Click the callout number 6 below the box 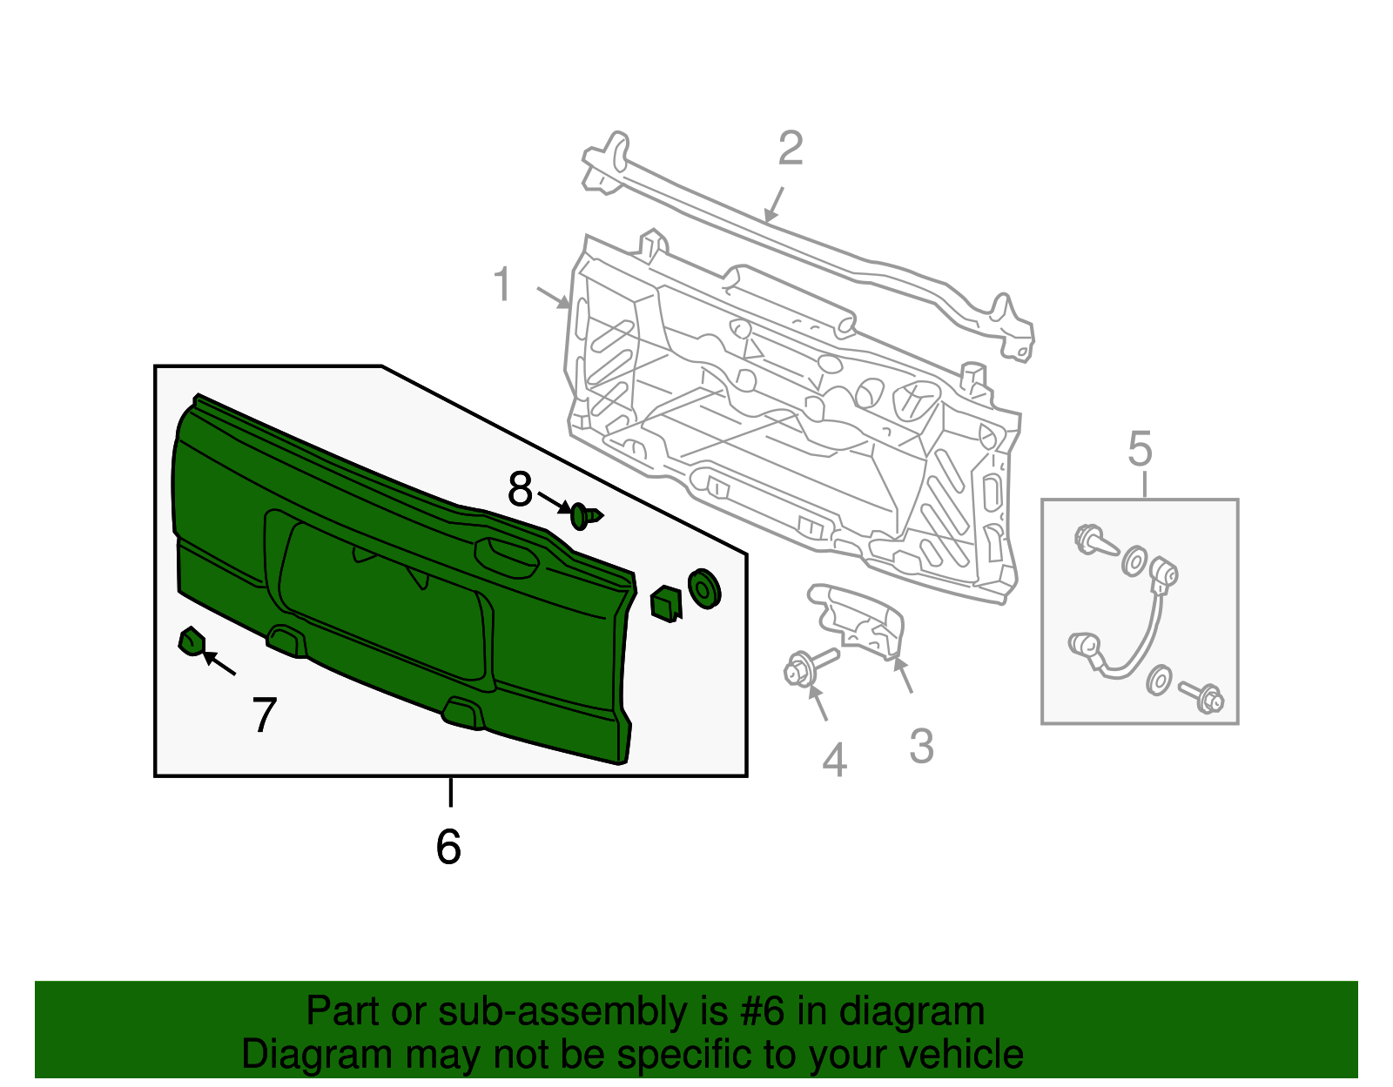(x=448, y=846)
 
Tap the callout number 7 (x=264, y=715)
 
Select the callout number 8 (x=520, y=490)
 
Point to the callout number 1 (x=502, y=285)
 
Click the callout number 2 (x=790, y=148)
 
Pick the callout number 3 (x=921, y=746)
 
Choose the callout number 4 (x=834, y=760)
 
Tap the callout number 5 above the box (x=1140, y=450)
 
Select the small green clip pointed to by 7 (x=191, y=642)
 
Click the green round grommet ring (x=703, y=589)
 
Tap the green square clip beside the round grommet (x=666, y=602)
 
